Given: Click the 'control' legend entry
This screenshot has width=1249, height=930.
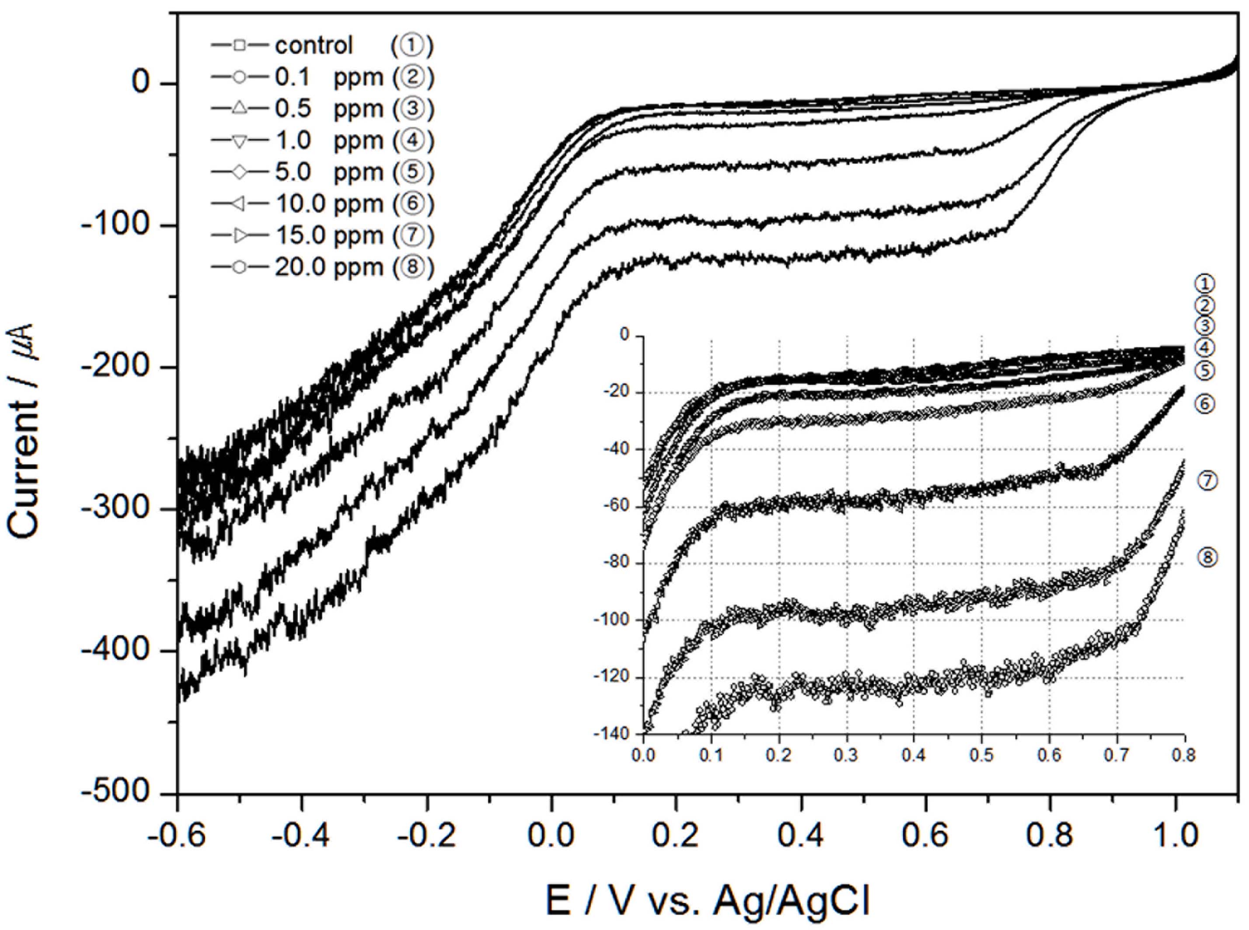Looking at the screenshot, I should (314, 46).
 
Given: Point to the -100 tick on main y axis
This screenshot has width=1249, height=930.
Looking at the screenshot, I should (116, 225).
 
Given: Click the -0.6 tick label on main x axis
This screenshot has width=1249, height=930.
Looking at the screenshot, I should (177, 836).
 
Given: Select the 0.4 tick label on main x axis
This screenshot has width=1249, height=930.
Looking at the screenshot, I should (801, 836).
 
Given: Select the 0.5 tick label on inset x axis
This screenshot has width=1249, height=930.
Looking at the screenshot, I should (981, 755).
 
